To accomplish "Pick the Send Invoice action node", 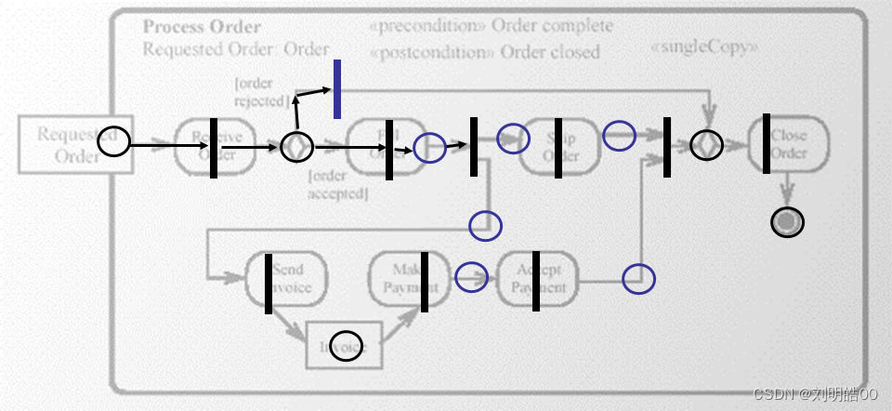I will pos(288,279).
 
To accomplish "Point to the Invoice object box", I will pos(346,347).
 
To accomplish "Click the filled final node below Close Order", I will pos(788,221).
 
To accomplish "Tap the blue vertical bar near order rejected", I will pos(336,89).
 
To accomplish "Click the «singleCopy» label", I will pos(703,46).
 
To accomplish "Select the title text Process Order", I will pos(202,27).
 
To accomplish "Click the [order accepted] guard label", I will pos(338,185).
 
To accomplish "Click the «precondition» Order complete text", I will pos(492,26).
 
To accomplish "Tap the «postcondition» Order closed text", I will pos(485,52).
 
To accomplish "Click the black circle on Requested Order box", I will pos(114,142).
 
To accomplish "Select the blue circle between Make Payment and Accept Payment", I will pos(472,276).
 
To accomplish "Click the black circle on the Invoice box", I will pos(347,345).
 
